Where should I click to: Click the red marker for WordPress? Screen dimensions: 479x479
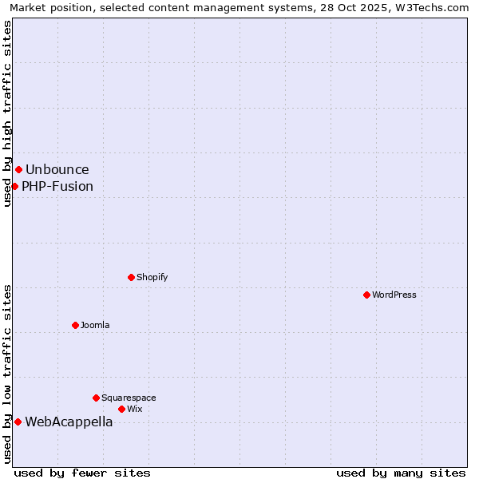[366, 295]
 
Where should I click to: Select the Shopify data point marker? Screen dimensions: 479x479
[131, 277]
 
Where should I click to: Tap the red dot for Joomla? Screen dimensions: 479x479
[75, 325]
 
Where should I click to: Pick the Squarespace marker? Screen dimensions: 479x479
[96, 398]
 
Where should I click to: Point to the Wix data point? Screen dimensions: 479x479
[121, 409]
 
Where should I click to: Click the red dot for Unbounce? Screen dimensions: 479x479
[18, 169]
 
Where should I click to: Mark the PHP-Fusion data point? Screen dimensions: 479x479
[14, 186]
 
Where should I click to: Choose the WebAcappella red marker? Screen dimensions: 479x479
[18, 422]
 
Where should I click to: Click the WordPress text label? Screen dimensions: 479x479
[394, 295]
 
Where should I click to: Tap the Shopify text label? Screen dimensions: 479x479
[152, 277]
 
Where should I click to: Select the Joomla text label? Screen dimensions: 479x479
[95, 325]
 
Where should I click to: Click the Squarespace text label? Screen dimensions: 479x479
[129, 398]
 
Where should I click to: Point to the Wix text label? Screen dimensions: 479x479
[135, 409]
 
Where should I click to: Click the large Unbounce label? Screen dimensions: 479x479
[57, 169]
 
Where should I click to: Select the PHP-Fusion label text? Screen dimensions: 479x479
[57, 186]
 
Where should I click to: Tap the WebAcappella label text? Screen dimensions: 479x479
[69, 422]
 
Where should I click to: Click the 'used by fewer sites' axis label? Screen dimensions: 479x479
[82, 473]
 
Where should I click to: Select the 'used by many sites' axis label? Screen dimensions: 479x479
[401, 473]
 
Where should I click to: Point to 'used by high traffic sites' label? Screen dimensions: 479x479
[8, 113]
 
